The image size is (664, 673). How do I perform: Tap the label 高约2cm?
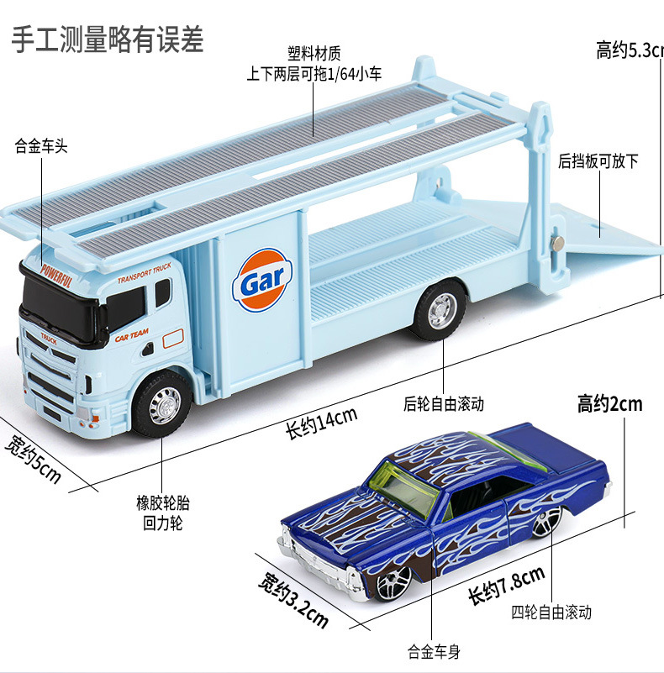[609, 404]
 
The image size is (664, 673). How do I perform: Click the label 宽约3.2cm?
[292, 598]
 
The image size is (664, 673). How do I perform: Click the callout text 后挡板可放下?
[598, 160]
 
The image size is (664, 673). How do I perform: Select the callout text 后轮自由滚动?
[444, 403]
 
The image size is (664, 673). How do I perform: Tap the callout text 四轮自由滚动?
[551, 612]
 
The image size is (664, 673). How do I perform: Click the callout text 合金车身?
[435, 649]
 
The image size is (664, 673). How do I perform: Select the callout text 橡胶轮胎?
[163, 503]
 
